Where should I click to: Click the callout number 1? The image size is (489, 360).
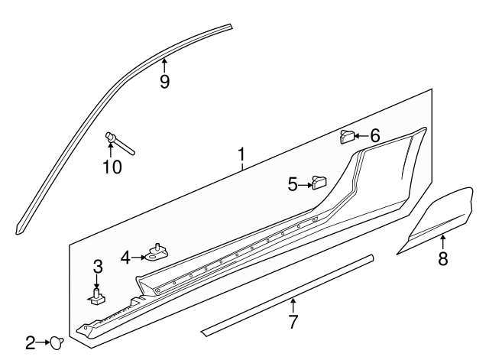pos(241,157)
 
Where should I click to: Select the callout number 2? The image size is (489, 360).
pos(30,343)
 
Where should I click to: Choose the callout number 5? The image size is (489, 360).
pos(293,183)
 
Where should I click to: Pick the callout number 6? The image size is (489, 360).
pos(374,136)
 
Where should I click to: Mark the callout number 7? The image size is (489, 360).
pos(293,321)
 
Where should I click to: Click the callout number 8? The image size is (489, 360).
pos(442,258)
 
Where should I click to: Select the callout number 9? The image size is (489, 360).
pos(164,81)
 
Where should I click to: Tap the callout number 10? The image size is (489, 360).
pos(112,166)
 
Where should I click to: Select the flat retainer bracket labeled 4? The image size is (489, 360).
pos(158,253)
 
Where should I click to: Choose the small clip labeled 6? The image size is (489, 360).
pos(347,137)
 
